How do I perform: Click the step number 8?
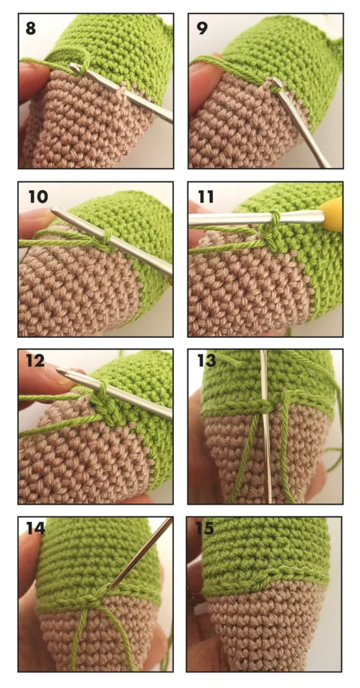31,28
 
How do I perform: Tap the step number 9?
201,28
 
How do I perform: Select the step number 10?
38,196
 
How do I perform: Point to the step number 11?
206,197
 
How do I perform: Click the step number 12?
35,360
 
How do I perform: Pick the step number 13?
206,361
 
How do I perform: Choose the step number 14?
36,528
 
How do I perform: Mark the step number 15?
205,528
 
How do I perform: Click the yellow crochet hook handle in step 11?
333,214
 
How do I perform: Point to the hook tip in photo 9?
275,81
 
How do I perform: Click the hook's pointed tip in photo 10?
54,210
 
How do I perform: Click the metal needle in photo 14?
141,553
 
